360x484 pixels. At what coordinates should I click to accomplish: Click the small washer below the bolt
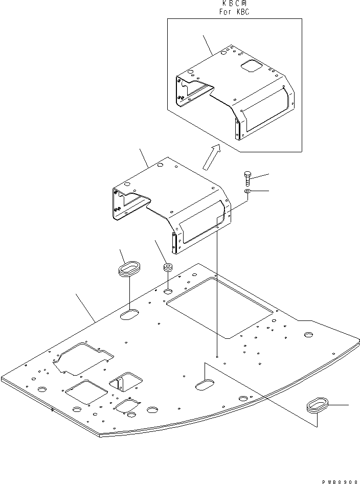coord(247,191)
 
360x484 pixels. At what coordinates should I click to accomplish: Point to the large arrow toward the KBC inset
coord(210,156)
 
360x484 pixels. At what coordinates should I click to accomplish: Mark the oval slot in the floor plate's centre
coord(206,384)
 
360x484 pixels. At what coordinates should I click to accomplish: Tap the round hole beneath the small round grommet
coord(168,291)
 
